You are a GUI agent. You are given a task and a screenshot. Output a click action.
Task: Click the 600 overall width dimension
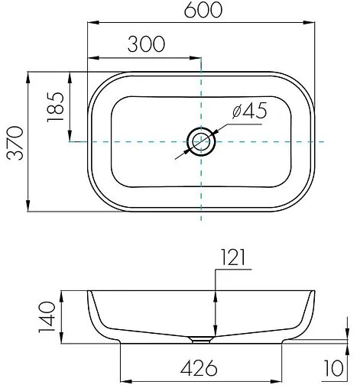[x=203, y=11]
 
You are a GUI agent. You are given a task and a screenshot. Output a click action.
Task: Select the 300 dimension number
[x=146, y=44]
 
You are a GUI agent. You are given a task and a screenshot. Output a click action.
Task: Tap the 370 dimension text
[x=15, y=143]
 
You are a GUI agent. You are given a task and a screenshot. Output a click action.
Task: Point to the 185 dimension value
[x=55, y=107]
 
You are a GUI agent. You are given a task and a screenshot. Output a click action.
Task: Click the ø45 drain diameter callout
[x=250, y=111]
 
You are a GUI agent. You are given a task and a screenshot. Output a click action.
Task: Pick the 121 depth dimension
[x=233, y=257]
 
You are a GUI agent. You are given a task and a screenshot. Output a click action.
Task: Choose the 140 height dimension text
[x=47, y=317]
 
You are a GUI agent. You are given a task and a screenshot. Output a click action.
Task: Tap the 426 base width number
[x=199, y=368]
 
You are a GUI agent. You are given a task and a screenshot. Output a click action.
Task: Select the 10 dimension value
[x=334, y=367]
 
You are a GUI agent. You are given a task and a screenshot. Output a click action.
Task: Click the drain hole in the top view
[x=201, y=141]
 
